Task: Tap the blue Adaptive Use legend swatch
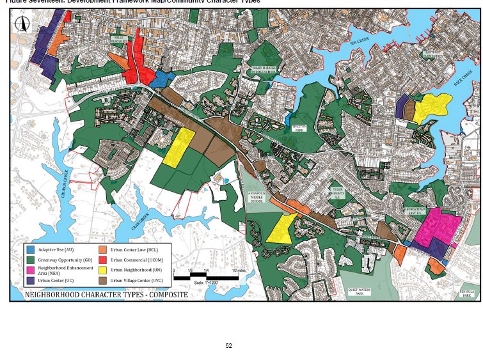coord(31,249)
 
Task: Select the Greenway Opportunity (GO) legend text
coord(63,259)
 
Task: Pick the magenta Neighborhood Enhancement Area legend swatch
coord(31,269)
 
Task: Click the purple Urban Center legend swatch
coord(31,280)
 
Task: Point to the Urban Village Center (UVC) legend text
coord(138,280)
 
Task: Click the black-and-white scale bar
coord(205,277)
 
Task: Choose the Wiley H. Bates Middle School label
coord(264,70)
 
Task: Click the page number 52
coord(228,346)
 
